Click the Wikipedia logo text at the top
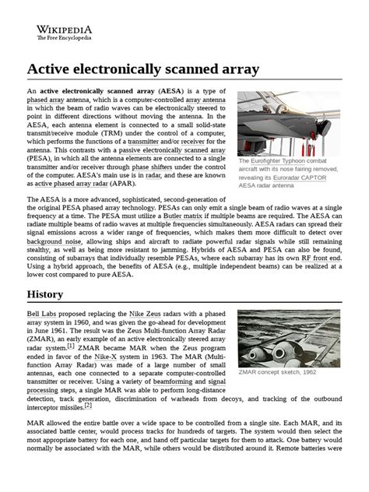tap(63, 28)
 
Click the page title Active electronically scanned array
tap(142, 70)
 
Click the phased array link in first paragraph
tap(46, 101)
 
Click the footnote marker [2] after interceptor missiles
tap(88, 406)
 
